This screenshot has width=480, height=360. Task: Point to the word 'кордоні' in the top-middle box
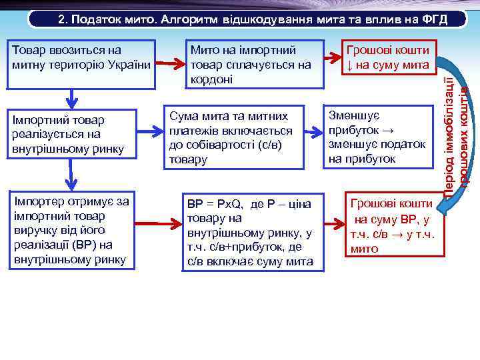(209, 78)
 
